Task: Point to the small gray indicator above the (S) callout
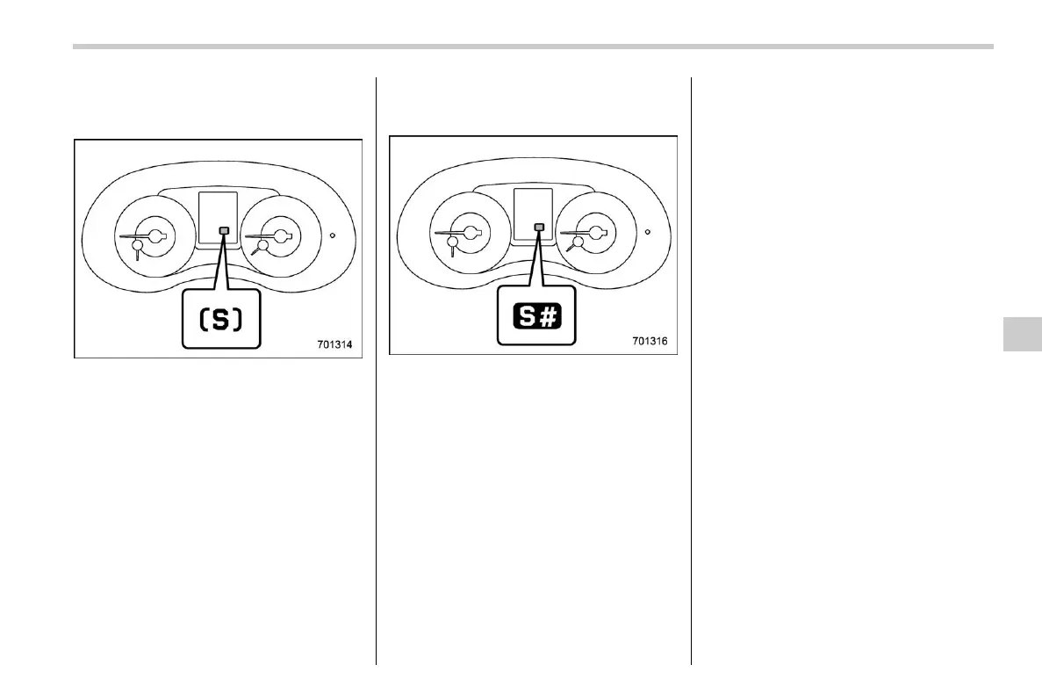pos(224,231)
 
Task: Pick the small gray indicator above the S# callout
pos(539,228)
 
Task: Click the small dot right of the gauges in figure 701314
pos(333,235)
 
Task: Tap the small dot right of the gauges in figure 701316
pos(647,233)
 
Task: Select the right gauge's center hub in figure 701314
pos(283,235)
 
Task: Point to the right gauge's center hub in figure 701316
pos(598,233)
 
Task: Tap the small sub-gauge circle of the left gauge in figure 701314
pos(137,246)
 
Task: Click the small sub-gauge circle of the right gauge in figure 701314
pos(261,247)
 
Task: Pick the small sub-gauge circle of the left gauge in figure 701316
pos(452,243)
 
